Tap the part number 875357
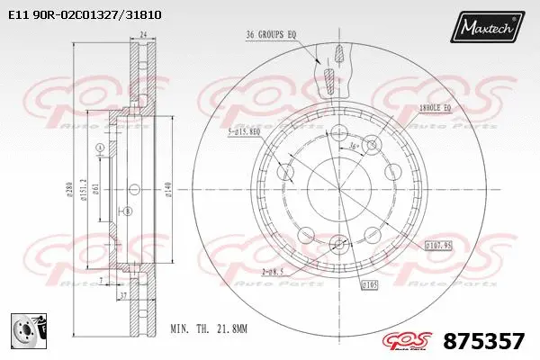click(485, 342)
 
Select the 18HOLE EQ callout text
click(441, 108)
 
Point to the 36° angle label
click(353, 144)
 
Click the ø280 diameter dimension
click(67, 190)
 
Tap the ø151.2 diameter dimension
click(83, 190)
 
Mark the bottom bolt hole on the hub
click(339, 241)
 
